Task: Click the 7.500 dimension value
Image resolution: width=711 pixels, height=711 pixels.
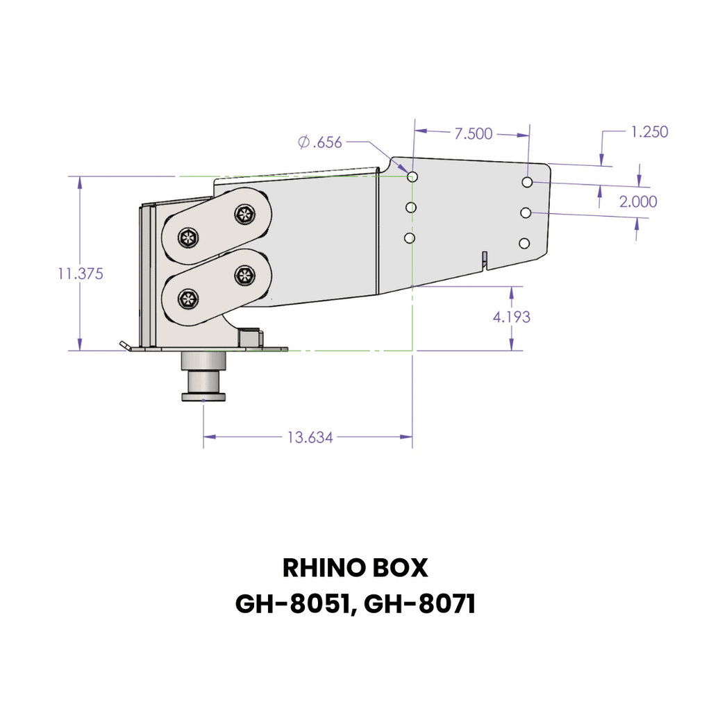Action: [x=473, y=134]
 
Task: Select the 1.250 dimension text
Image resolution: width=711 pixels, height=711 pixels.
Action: [x=649, y=132]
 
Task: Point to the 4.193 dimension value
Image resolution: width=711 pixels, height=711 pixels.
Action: [x=511, y=317]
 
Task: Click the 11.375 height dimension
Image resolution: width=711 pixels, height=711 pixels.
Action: [x=81, y=274]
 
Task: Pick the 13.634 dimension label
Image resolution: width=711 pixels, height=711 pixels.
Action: [x=310, y=437]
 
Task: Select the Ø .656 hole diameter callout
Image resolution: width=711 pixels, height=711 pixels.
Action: [x=320, y=142]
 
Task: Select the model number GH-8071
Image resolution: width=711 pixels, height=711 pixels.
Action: [x=419, y=604]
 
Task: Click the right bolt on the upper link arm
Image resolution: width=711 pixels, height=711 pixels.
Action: [x=244, y=215]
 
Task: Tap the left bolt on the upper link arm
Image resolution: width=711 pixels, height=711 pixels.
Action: [x=188, y=239]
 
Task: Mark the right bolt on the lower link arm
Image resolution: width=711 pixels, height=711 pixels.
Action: [x=244, y=276]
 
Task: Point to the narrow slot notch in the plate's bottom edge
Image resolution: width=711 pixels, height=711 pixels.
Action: [x=485, y=260]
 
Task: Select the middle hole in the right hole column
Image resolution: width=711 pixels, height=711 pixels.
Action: [x=526, y=212]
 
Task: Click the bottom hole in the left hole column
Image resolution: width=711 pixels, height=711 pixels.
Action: [x=410, y=238]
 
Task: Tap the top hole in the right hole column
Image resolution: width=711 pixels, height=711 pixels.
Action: [x=528, y=182]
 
